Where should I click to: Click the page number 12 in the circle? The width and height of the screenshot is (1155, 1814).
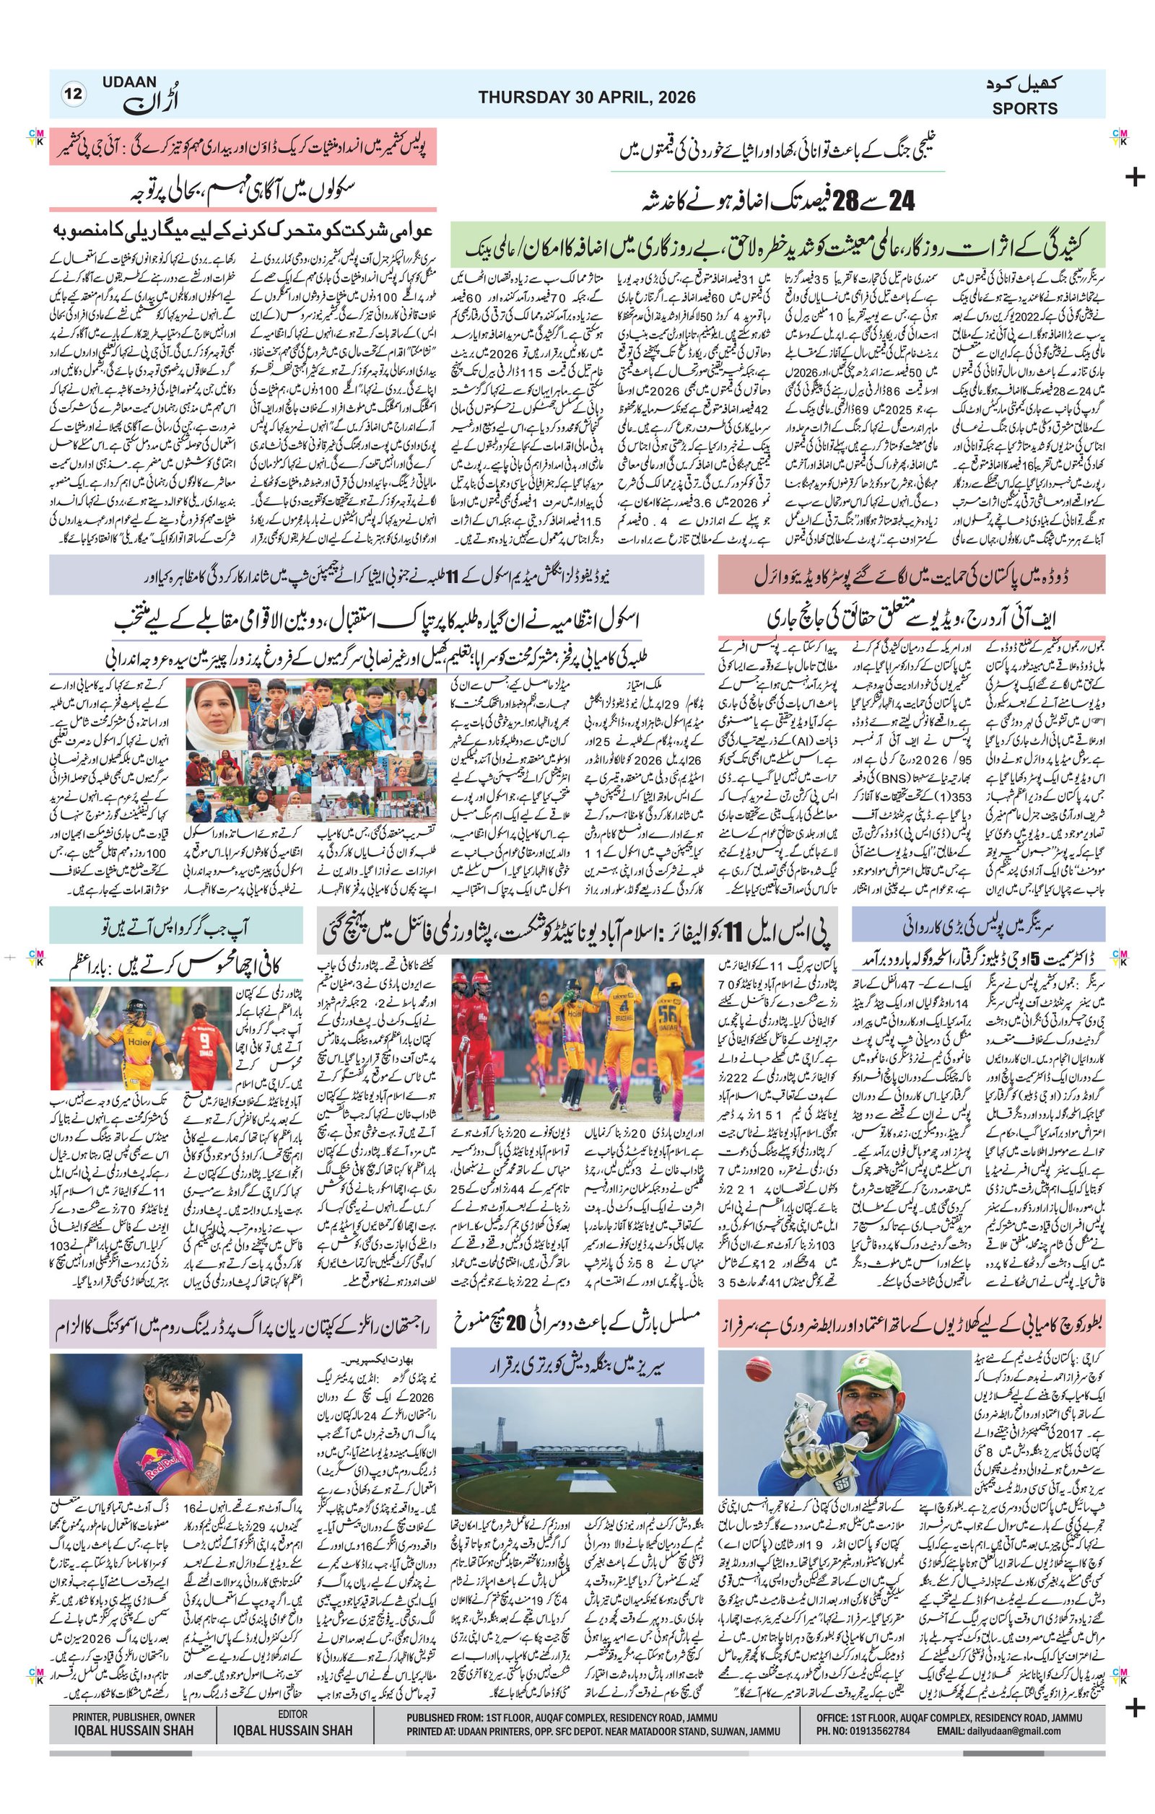coord(74,95)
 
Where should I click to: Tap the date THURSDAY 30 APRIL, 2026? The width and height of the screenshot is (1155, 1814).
coord(586,97)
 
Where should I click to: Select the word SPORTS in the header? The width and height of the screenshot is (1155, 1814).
coord(1024,108)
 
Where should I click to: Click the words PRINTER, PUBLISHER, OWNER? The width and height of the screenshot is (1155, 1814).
coord(134,1695)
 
